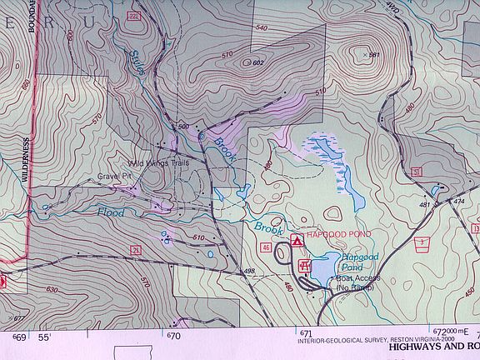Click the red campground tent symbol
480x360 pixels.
click(x=296, y=241)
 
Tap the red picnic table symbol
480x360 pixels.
click(x=305, y=267)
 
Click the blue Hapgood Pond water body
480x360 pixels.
click(x=327, y=265)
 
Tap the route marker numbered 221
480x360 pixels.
click(x=134, y=17)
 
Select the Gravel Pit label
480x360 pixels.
click(x=115, y=177)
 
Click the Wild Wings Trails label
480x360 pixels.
click(x=160, y=162)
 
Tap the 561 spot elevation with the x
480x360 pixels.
click(x=373, y=55)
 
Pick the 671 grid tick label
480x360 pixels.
click(x=306, y=335)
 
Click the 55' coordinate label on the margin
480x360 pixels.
click(x=43, y=337)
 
